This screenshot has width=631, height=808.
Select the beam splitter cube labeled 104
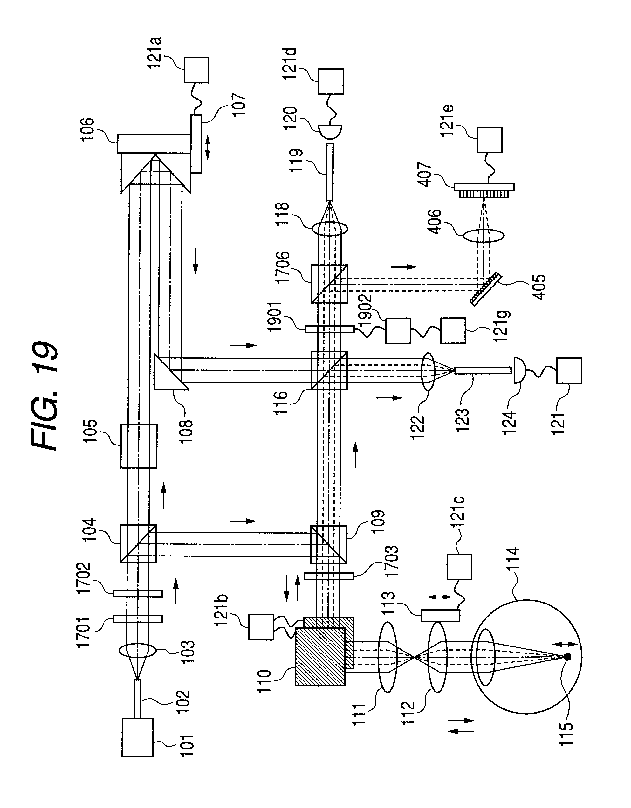coord(138,543)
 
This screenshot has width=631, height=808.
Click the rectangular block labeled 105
coord(139,446)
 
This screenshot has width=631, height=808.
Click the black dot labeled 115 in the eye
coord(567,657)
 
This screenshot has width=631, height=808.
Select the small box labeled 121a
coord(196,70)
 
